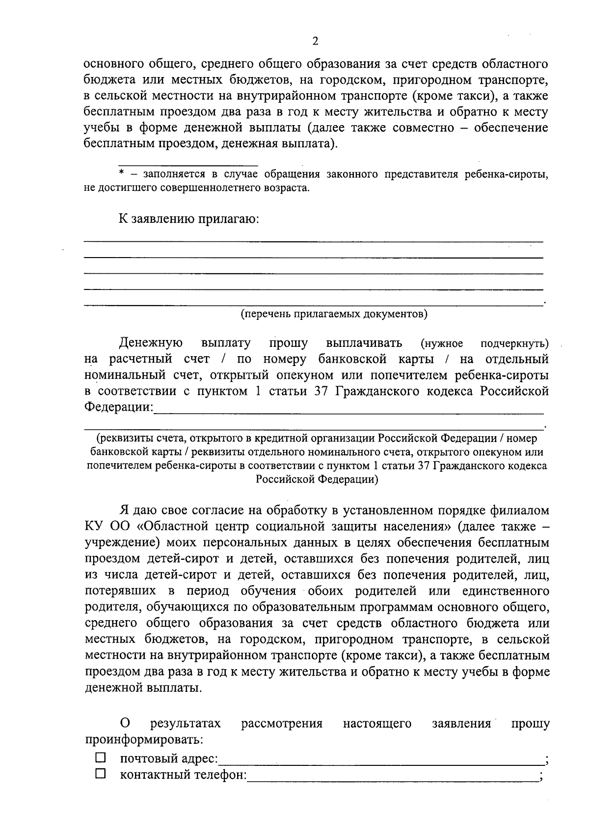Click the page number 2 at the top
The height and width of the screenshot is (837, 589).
point(315,41)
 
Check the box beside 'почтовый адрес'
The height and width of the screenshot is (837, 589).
point(101,758)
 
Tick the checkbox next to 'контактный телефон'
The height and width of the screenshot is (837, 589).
point(101,774)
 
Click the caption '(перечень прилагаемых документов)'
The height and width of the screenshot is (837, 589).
point(333,314)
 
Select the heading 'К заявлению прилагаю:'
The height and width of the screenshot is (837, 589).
point(188,218)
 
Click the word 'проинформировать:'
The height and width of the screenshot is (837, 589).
point(144,739)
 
